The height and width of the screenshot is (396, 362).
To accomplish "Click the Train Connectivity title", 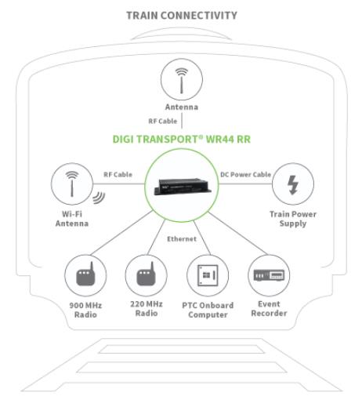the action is point(182,16).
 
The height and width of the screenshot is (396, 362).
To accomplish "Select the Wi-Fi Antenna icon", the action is point(72,183).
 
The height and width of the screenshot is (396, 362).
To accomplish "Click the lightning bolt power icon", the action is point(293,185).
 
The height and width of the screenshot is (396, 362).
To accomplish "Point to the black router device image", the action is point(183,186).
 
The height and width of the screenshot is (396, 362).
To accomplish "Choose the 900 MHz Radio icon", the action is point(85,275).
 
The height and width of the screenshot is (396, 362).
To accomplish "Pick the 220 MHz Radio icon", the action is point(146,275).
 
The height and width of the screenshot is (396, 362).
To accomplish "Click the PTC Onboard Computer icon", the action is point(208,275).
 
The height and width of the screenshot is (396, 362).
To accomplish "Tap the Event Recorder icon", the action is point(269,275).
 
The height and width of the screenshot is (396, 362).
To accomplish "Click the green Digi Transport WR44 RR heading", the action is point(182,139).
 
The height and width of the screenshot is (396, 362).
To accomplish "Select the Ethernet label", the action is point(182,239).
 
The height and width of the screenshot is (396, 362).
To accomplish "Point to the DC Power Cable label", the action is point(246,174).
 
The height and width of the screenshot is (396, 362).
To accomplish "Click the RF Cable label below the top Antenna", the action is point(163,121).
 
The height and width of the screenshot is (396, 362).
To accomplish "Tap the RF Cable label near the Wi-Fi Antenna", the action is point(118,174).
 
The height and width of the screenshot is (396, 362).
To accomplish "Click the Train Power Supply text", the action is point(293,219).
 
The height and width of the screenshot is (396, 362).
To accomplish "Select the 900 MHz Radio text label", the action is point(85,310).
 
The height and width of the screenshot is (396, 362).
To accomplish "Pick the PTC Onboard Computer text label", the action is point(208,310).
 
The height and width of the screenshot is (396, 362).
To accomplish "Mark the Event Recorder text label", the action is point(269,308).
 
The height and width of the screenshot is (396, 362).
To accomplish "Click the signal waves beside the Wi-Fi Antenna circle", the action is point(99,198).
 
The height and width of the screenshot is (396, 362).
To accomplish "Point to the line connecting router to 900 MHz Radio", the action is point(121,233).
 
